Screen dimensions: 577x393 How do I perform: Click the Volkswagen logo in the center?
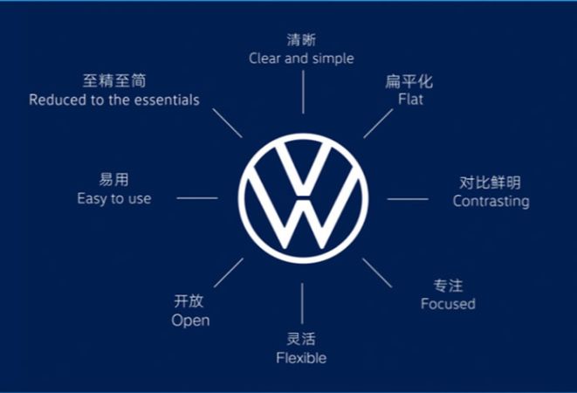click(303, 198)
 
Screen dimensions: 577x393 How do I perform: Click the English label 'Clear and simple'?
click(301, 59)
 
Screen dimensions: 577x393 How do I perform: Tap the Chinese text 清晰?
click(301, 40)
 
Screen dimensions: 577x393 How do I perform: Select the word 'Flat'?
click(409, 100)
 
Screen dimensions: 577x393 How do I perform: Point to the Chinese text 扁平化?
click(409, 82)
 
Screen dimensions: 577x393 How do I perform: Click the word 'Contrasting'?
click(491, 201)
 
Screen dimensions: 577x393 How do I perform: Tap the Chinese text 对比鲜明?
click(490, 183)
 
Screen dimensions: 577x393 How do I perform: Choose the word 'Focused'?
click(448, 304)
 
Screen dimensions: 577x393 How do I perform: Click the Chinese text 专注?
click(448, 286)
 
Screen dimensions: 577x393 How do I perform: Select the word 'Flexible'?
click(301, 358)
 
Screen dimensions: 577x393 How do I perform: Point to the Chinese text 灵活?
click(301, 340)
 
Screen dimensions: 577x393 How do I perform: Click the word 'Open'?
click(190, 320)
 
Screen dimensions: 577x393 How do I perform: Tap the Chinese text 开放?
click(189, 301)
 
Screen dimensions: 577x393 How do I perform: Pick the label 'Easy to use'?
click(113, 198)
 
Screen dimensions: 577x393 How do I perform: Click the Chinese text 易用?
click(113, 180)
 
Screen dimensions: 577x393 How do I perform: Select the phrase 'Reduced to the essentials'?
click(113, 100)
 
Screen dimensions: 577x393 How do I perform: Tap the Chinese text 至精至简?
click(113, 81)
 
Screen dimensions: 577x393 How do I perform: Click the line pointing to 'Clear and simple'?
click(303, 93)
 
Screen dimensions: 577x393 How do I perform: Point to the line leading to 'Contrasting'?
click(408, 199)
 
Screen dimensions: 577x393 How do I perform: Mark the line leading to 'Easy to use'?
click(197, 198)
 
